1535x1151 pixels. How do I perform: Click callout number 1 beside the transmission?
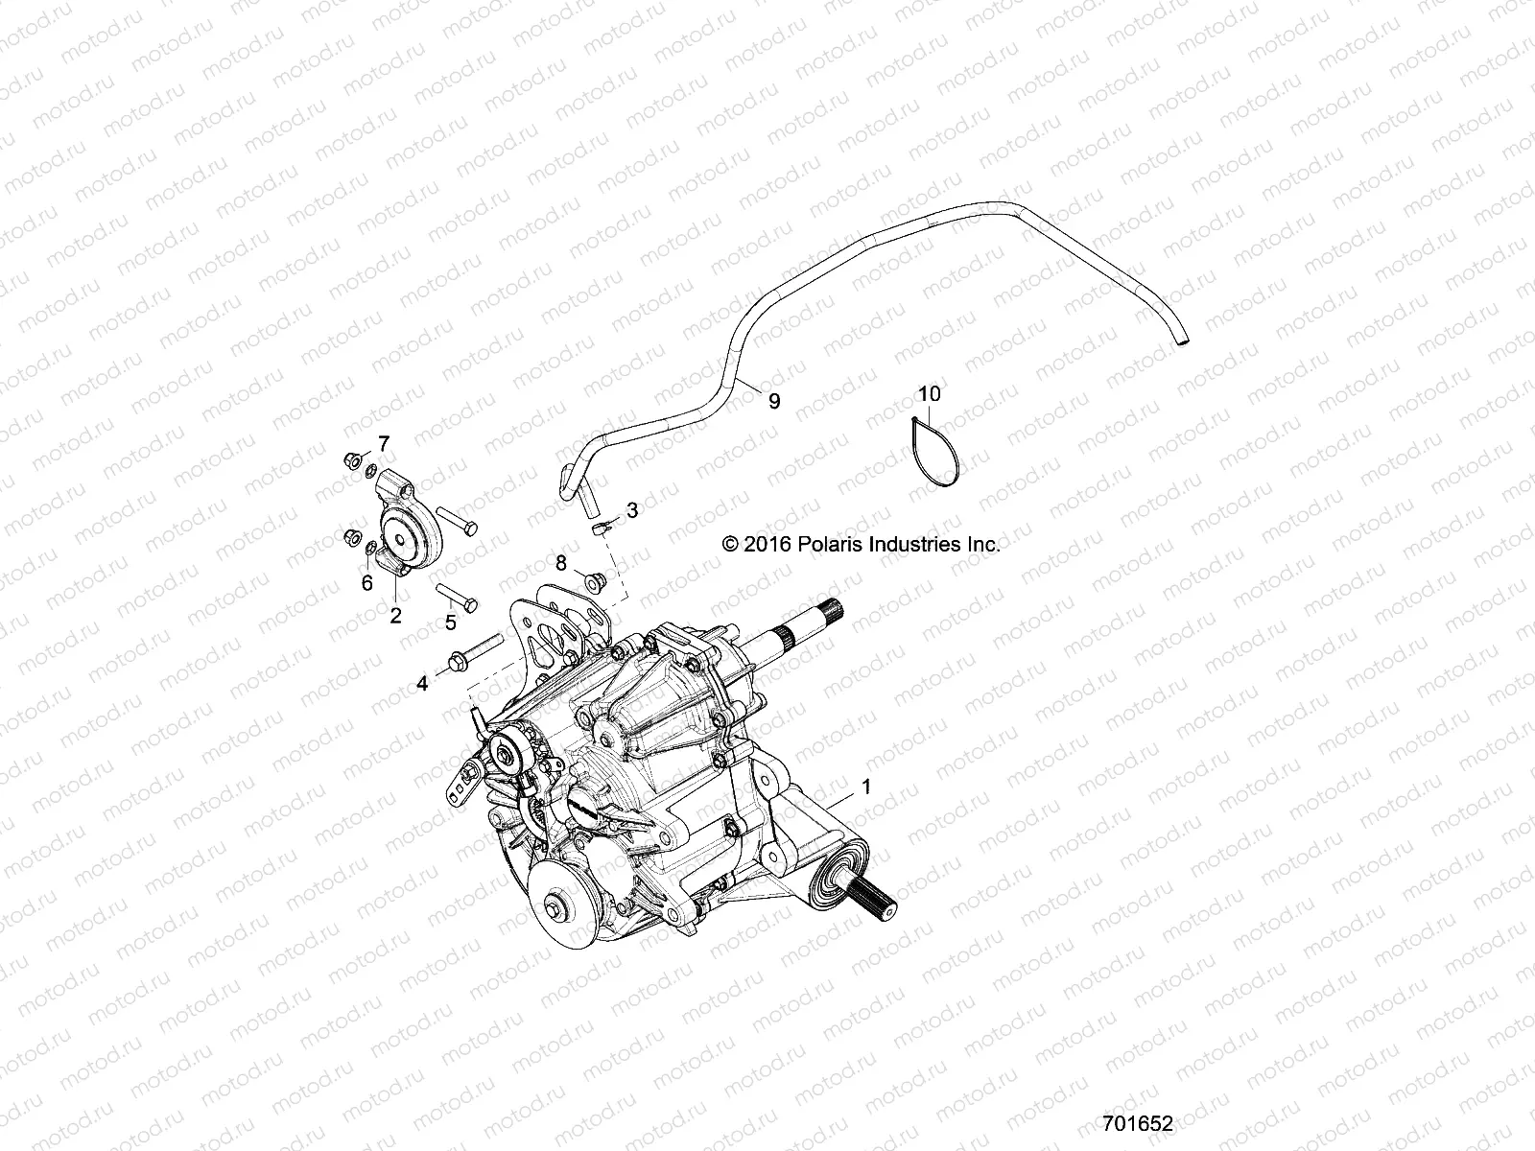pyautogui.click(x=866, y=787)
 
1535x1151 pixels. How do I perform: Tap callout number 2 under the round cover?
pyautogui.click(x=395, y=616)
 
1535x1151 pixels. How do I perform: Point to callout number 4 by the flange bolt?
pyautogui.click(x=421, y=683)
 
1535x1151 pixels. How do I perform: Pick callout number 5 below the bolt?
pyautogui.click(x=450, y=622)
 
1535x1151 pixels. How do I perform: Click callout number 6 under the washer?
pyautogui.click(x=366, y=582)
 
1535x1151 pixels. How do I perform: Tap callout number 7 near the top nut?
pyautogui.click(x=384, y=443)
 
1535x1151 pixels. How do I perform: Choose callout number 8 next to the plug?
pyautogui.click(x=561, y=562)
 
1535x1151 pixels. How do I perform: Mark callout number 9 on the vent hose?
pyautogui.click(x=774, y=401)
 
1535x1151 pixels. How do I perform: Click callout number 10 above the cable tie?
pyautogui.click(x=929, y=393)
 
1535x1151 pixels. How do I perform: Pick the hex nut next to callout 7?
pyautogui.click(x=351, y=461)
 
